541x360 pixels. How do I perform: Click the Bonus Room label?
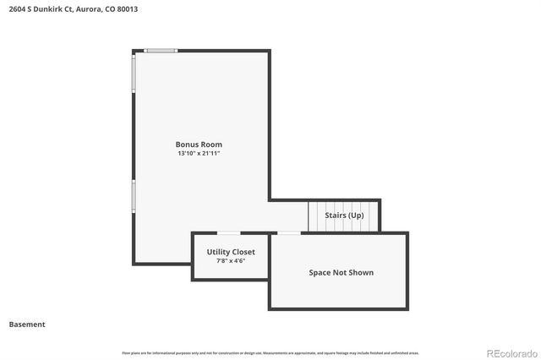coord(199,145)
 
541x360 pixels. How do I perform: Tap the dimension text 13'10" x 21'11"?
coord(199,154)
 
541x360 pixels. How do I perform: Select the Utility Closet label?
coord(231,252)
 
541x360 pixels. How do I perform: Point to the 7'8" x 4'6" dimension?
coord(231,261)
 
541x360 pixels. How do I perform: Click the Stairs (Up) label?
coord(344,215)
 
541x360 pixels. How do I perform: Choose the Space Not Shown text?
coord(341,272)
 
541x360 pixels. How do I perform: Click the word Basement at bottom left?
coord(27,325)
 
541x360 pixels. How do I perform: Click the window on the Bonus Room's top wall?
coord(161,51)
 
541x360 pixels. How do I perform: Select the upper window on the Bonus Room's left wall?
coord(134,74)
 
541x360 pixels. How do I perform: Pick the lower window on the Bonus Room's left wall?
coord(134,195)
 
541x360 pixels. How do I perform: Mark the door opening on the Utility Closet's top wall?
coord(228,233)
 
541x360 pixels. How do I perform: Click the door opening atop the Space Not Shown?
coord(289,233)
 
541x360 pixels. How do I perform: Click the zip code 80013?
coord(128,8)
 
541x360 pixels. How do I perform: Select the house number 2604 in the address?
coord(17,8)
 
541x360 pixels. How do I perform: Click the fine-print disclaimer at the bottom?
coord(270,352)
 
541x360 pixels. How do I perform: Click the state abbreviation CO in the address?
coord(110,8)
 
